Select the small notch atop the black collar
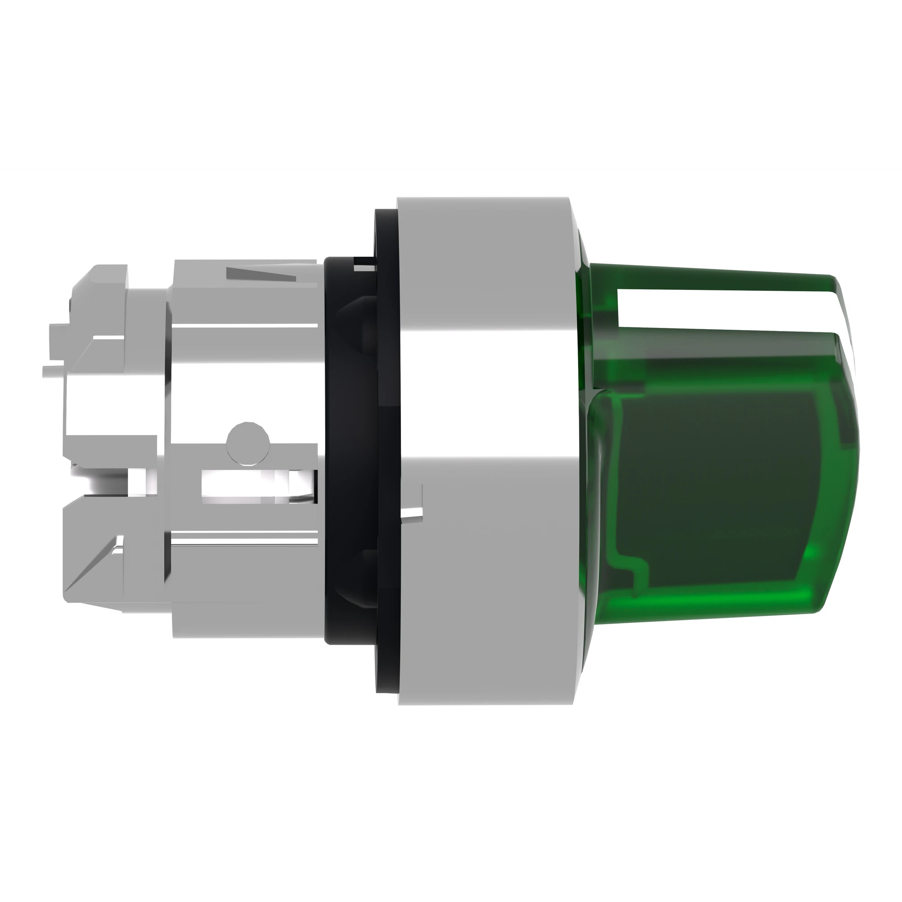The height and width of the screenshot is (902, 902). [364, 267]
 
